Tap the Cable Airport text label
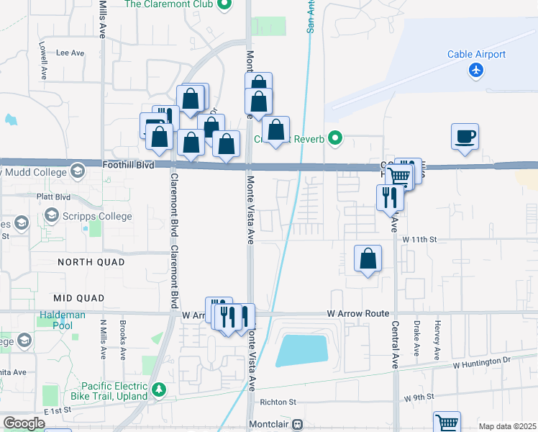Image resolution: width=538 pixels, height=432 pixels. click(476, 54)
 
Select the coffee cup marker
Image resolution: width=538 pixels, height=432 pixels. click(465, 135)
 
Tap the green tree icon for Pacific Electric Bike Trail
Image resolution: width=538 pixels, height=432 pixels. click(159, 391)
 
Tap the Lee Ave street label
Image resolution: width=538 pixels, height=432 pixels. click(70, 53)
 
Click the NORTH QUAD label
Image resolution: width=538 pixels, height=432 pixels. click(91, 261)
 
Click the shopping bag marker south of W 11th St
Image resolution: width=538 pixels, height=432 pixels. click(368, 258)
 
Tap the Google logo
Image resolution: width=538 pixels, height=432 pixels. click(24, 423)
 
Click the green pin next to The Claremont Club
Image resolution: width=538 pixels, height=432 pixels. click(224, 5)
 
